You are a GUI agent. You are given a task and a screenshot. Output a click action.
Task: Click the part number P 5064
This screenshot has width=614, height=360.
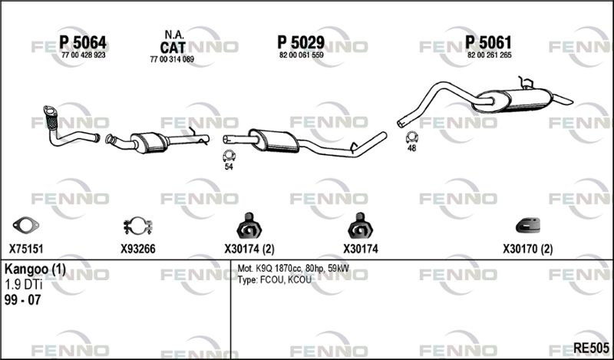coord(83,42)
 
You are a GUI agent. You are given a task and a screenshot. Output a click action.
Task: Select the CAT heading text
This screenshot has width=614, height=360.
coord(172,48)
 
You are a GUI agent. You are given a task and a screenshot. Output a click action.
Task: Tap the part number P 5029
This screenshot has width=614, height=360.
coord(301,42)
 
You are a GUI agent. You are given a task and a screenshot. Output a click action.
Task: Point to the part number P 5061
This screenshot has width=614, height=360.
coord(488,42)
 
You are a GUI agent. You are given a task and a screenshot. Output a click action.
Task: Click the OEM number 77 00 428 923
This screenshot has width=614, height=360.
coord(84,55)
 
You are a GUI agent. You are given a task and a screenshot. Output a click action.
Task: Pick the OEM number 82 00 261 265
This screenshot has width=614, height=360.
coord(490,55)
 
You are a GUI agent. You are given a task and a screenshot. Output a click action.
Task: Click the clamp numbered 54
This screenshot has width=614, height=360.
coord(228,156)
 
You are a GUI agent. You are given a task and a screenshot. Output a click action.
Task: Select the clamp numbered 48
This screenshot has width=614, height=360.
coord(411,137)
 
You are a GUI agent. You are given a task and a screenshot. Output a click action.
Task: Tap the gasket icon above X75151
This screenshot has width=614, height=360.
coord(26,225)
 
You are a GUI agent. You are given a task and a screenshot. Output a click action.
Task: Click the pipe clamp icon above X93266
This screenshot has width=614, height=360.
coord(138,226)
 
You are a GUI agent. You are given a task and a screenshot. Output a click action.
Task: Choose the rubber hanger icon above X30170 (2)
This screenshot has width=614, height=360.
coord(528,226)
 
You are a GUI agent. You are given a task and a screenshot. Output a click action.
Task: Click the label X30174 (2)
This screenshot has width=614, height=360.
coord(249,249)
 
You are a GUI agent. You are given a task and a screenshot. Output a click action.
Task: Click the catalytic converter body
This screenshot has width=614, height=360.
coord(149,142)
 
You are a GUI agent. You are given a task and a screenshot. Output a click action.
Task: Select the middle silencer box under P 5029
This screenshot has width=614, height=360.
coord(274,141)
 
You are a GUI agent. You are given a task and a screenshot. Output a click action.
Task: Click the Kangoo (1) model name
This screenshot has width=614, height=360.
coord(35,269)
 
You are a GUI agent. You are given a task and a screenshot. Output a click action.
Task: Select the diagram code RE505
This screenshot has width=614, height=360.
coord(591,348)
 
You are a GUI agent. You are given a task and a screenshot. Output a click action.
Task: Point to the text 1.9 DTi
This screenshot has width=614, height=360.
coord(23,285)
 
